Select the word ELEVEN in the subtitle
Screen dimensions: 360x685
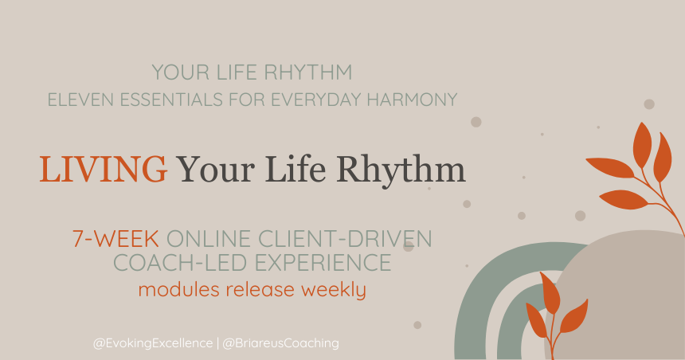[77, 100]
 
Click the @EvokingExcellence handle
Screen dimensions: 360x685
[151, 343]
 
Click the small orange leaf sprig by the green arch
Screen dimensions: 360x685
[555, 307]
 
